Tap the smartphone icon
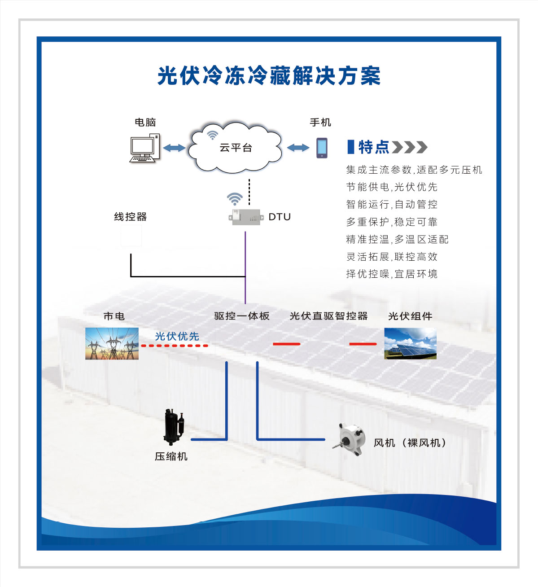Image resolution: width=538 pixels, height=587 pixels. pyautogui.click(x=322, y=148)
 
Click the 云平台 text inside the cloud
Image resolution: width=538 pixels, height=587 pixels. pyautogui.click(x=236, y=148)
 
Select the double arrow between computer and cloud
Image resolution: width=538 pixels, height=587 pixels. pyautogui.click(x=174, y=148)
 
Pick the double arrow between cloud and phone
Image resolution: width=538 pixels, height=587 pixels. pyautogui.click(x=298, y=148)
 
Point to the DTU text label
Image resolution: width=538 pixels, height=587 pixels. pyautogui.click(x=280, y=217)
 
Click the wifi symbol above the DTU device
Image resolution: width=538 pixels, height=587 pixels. pyautogui.click(x=235, y=198)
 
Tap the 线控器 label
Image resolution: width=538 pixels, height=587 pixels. pyautogui.click(x=131, y=217)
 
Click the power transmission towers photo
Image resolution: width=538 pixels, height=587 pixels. pyautogui.click(x=112, y=343)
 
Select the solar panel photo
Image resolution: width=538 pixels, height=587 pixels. pyautogui.click(x=410, y=343)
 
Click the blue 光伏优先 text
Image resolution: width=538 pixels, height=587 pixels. pyautogui.click(x=177, y=336)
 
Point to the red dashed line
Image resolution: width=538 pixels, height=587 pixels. pyautogui.click(x=175, y=346)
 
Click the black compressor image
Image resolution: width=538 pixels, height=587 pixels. pyautogui.click(x=174, y=426)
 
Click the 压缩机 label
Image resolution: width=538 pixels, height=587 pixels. pyautogui.click(x=171, y=456)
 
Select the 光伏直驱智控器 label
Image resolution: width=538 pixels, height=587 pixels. pyautogui.click(x=329, y=316)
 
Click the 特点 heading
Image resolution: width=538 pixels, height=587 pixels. pyautogui.click(x=373, y=147)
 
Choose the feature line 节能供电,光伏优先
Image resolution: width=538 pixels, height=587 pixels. pyautogui.click(x=392, y=187)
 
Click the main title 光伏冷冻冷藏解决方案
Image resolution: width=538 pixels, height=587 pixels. pyautogui.click(x=269, y=76)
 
